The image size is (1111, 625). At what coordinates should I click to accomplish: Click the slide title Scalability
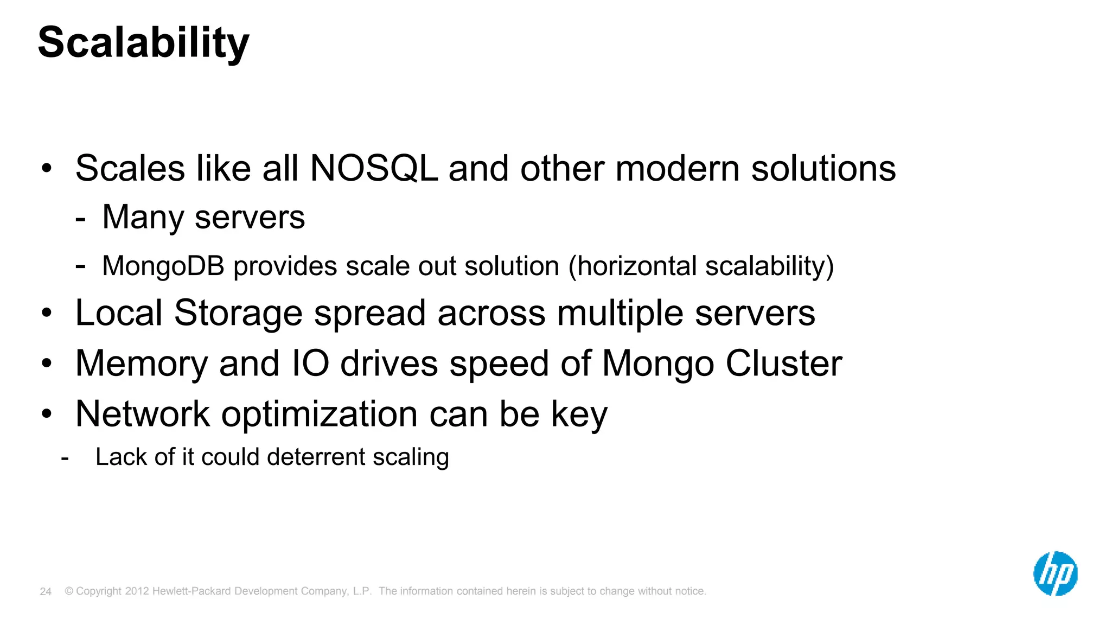[x=143, y=43]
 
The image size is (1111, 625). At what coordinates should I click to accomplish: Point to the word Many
[x=143, y=218]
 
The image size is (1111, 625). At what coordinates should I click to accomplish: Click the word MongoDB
[x=163, y=266]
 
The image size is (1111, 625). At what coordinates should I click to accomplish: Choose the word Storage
[x=238, y=313]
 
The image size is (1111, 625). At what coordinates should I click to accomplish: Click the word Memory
[x=141, y=364]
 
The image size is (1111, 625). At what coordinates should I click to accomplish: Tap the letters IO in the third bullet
[x=310, y=363]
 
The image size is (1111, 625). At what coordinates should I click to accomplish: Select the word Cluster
[x=784, y=363]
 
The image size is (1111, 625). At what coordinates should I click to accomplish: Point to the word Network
[x=142, y=414]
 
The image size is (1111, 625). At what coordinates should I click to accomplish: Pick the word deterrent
[x=316, y=457]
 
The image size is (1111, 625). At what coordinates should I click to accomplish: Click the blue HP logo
[x=1055, y=573]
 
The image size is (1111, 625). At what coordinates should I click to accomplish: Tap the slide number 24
[x=46, y=592]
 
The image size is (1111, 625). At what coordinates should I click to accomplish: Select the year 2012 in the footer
[x=137, y=591]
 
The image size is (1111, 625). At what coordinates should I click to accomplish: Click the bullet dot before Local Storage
[x=47, y=313]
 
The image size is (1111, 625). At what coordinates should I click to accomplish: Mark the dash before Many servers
[x=80, y=219]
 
